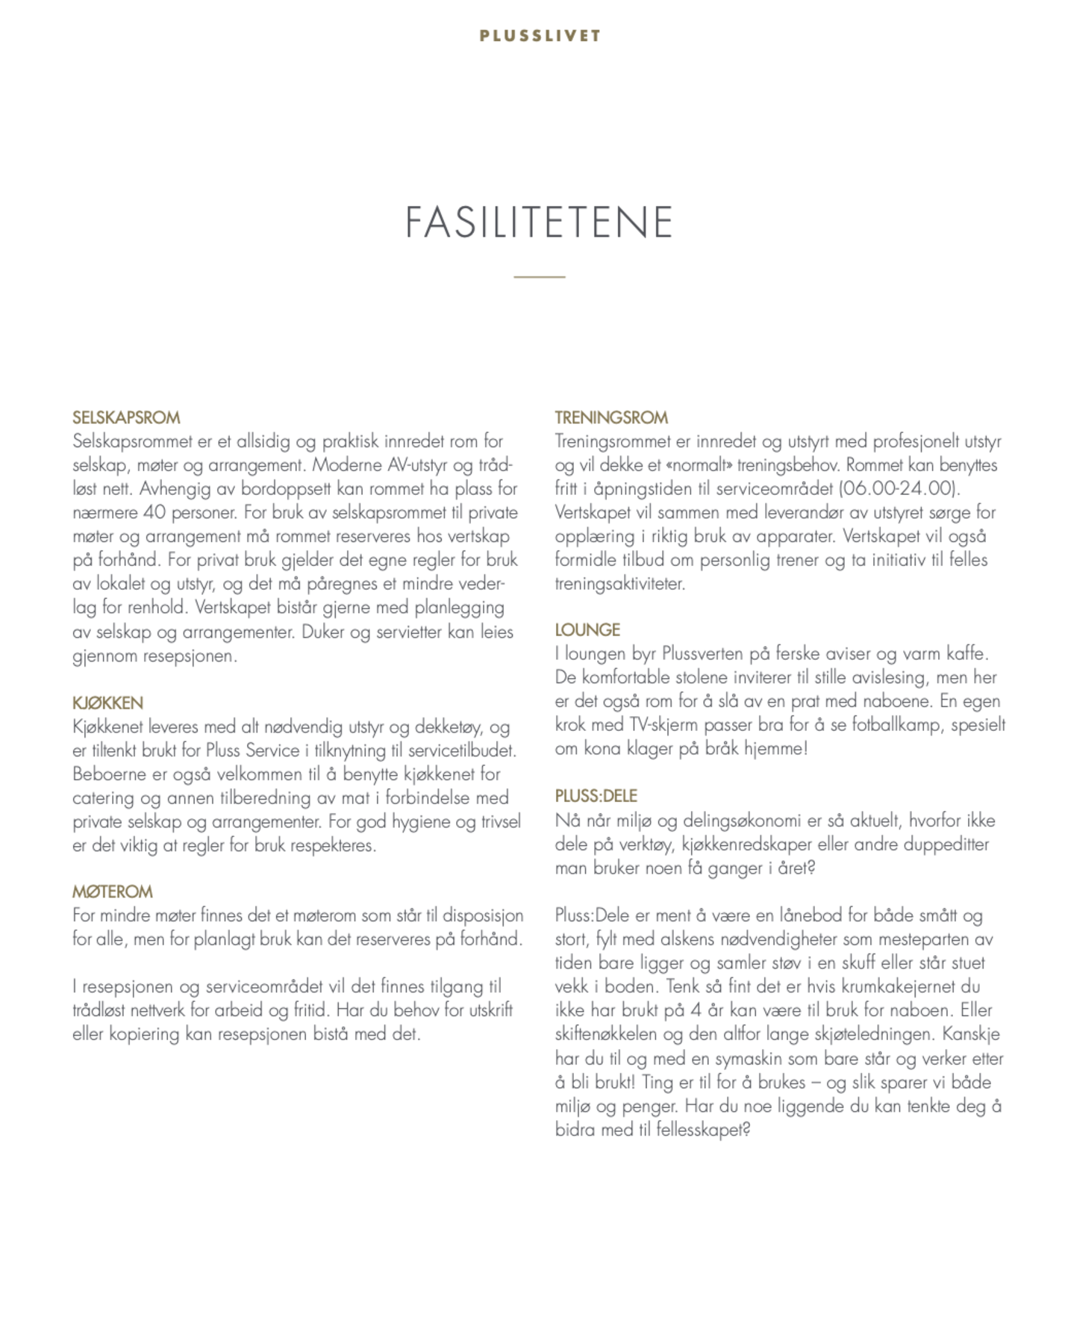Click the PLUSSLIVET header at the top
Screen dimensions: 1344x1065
coord(540,36)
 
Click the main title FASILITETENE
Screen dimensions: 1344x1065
coord(539,222)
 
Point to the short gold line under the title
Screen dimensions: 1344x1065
coord(540,277)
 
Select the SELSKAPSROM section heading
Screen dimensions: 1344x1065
coord(126,417)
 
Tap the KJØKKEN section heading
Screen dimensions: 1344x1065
coord(107,703)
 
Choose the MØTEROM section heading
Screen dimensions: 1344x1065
coord(112,892)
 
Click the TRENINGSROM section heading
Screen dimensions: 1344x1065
coord(611,417)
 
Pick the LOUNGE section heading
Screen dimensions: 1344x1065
coord(587,629)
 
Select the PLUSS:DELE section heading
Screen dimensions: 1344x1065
coord(596,796)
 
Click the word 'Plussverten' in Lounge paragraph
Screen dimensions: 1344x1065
coord(702,653)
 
